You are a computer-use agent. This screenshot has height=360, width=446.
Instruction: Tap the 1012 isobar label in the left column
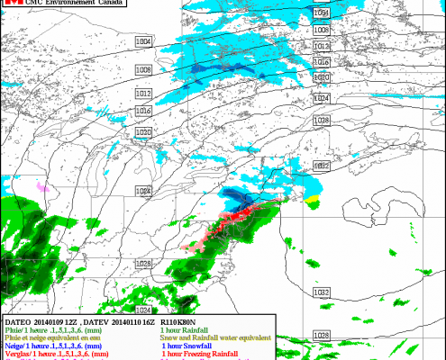pos(142,93)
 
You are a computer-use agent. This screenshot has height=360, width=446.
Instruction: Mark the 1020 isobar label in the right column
pos(323,78)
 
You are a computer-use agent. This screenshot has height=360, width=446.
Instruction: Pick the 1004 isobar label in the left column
pos(142,42)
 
